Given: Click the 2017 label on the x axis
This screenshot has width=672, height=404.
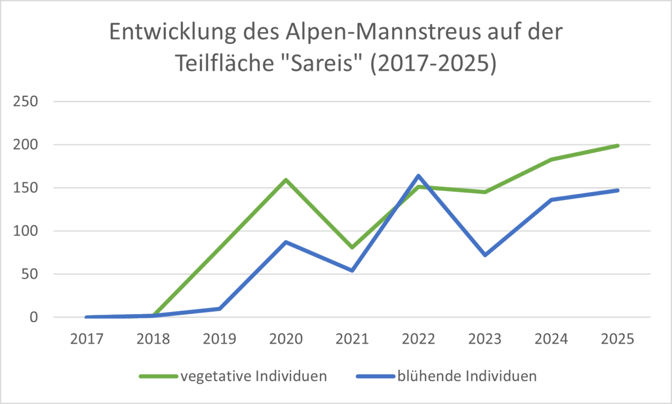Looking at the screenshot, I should click(x=87, y=339).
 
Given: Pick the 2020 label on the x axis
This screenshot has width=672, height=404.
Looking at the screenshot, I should click(x=286, y=339).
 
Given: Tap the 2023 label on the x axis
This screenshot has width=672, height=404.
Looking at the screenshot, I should click(x=485, y=339).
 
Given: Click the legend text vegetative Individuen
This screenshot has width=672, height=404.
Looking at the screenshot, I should click(x=253, y=376).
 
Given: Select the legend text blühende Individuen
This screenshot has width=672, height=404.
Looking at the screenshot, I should click(x=467, y=376).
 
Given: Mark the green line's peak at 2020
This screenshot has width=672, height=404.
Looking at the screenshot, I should click(x=286, y=180).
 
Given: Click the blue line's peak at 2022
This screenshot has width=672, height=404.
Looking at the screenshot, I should click(x=418, y=176).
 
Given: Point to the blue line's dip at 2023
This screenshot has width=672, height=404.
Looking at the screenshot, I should click(x=485, y=255).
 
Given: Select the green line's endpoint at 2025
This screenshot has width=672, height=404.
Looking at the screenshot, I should click(x=617, y=146).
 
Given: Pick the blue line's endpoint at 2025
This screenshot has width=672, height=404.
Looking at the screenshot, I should click(x=617, y=190).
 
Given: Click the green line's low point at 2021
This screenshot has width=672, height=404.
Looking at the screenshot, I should click(x=352, y=247).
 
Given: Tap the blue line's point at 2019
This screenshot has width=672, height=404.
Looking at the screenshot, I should click(x=220, y=309).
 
